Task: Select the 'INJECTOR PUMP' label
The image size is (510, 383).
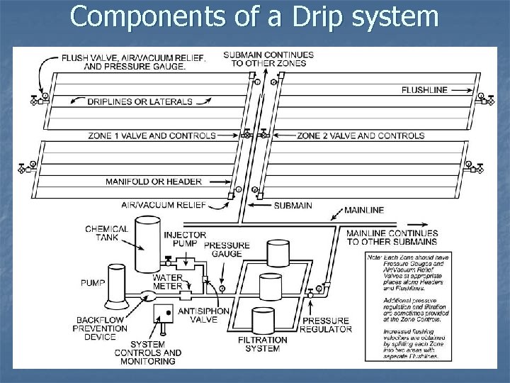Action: tap(185, 240)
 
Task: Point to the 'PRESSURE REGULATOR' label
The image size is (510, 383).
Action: tap(327, 324)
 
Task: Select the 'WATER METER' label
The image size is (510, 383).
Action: tap(168, 282)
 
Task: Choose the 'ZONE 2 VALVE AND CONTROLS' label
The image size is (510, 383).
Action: tap(361, 135)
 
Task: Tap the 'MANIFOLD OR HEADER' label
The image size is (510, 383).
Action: tap(154, 182)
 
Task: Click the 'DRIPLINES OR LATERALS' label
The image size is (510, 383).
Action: tap(140, 101)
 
